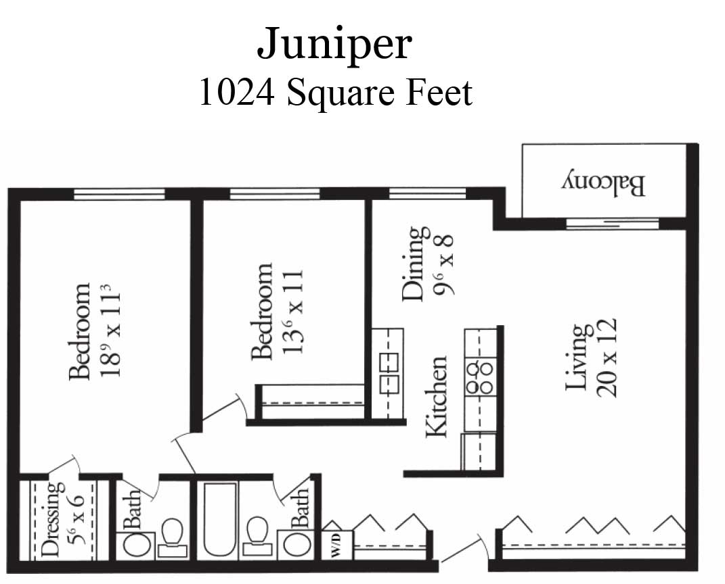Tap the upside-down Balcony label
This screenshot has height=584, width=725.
(x=604, y=183)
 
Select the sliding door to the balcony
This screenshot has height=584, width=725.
(x=612, y=224)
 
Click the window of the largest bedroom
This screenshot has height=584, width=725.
(x=119, y=194)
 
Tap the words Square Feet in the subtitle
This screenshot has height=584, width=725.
(x=379, y=93)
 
